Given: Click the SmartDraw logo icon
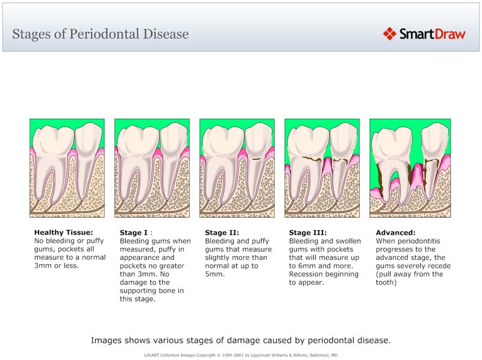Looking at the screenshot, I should point(390,33).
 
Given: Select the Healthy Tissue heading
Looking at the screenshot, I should point(63,232).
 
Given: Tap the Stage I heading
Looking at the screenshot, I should point(133,232).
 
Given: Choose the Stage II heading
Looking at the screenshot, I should point(222,232).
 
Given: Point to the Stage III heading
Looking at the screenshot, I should point(308,232).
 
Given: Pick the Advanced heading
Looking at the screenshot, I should point(395,232).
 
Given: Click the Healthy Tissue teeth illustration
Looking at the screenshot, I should point(67,168).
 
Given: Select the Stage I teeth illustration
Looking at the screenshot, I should point(152,168).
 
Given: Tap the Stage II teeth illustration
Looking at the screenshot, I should point(237,168).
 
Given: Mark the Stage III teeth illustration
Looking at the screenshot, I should point(322,168).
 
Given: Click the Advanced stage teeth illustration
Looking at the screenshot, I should point(407,168).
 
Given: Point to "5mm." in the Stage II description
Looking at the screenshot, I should point(215,274).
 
